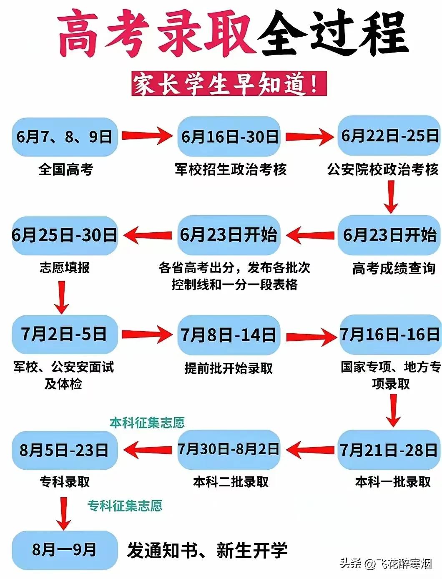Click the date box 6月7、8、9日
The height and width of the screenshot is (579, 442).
pyautogui.click(x=65, y=137)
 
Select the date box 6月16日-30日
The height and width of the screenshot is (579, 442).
pyautogui.click(x=229, y=137)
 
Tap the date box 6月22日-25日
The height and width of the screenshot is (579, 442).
pyautogui.click(x=389, y=136)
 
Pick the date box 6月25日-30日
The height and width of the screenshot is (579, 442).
pyautogui.click(x=65, y=235)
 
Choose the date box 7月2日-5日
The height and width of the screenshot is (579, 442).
pyautogui.click(x=65, y=334)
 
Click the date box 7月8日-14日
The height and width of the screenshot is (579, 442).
pyautogui.click(x=229, y=335)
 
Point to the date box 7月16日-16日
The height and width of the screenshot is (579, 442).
pyautogui.click(x=390, y=334)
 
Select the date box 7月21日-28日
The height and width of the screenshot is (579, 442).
pyautogui.click(x=389, y=450)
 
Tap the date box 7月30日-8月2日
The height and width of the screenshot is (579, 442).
pyautogui.click(x=229, y=449)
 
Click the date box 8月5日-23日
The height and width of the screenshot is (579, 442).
pyautogui.click(x=65, y=450)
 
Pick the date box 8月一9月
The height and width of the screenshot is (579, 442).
pyautogui.click(x=65, y=550)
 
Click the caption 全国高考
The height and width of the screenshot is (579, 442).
pyautogui.click(x=65, y=169)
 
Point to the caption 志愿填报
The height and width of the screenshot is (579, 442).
pyautogui.click(x=65, y=267)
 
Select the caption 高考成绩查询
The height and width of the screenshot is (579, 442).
pyautogui.click(x=394, y=268)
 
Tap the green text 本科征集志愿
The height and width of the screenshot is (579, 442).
pyautogui.click(x=147, y=423)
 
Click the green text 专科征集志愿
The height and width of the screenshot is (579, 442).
pyautogui.click(x=125, y=506)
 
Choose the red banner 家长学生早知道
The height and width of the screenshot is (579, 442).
pyautogui.click(x=229, y=84)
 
